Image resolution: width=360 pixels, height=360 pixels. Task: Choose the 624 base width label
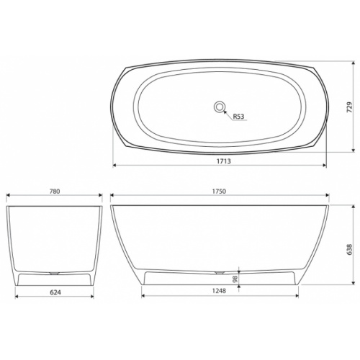[x=54, y=292]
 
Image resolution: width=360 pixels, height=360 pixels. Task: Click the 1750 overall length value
[x=220, y=191]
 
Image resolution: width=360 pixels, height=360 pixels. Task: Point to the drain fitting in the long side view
[x=220, y=273]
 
